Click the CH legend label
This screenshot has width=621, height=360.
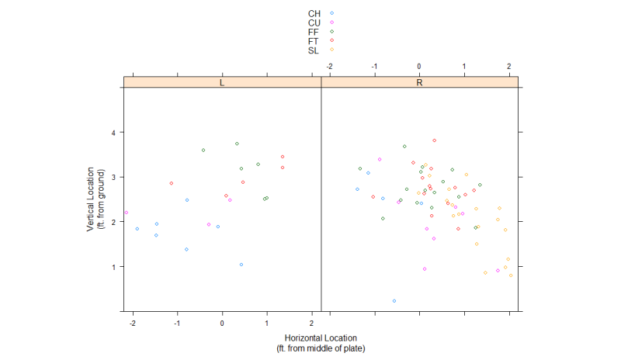tap(314, 13)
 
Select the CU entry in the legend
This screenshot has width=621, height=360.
tap(314, 22)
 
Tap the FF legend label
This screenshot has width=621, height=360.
tap(314, 32)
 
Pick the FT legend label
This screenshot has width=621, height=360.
tap(314, 41)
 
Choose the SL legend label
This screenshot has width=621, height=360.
tap(314, 50)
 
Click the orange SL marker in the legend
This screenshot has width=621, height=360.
tap(332, 50)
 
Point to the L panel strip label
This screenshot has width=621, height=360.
tap(222, 81)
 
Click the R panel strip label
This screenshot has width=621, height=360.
tap(419, 81)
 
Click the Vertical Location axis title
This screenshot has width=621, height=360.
tap(97, 199)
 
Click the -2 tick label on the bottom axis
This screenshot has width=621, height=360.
tap(133, 324)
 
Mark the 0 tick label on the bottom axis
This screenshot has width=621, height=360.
tap(222, 324)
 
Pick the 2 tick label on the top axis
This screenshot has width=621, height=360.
tap(509, 67)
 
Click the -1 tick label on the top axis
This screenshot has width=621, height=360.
tap(374, 67)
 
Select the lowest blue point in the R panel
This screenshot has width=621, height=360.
tap(394, 300)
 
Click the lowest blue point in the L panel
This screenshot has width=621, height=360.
tap(241, 265)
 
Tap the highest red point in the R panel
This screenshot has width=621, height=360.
tap(435, 140)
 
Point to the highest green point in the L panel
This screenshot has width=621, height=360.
tap(237, 144)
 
